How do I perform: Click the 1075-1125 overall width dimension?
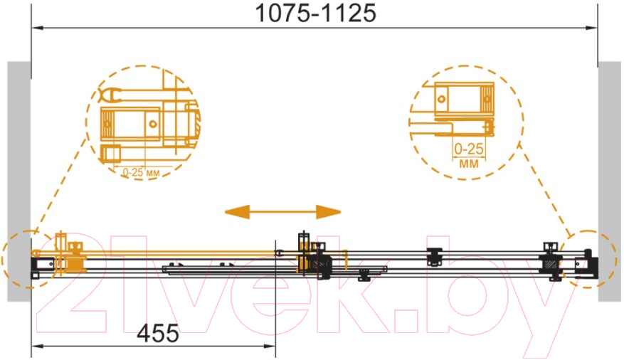pos(315,13)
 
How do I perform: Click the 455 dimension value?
pos(158,333)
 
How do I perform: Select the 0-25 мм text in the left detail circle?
pos(141,173)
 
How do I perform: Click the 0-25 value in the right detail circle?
pos(469,149)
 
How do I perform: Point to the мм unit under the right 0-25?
pos(469,164)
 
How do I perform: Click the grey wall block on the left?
pos(18,181)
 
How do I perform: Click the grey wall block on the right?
pos(609,181)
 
